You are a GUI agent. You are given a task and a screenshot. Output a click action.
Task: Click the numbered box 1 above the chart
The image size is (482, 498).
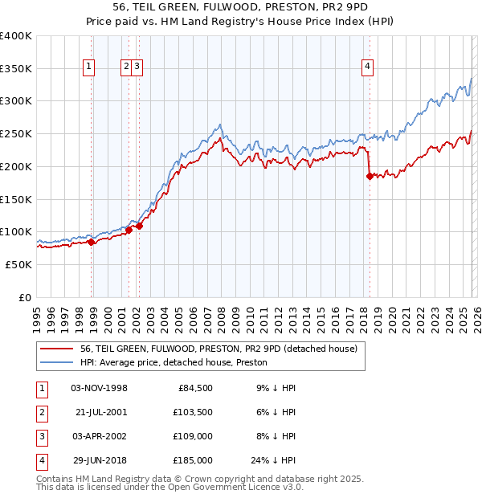coord(88,67)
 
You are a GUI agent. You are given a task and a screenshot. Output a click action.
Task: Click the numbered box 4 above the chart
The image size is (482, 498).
coord(367,67)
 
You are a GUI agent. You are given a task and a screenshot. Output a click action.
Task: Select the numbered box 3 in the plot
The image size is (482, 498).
coord(138,67)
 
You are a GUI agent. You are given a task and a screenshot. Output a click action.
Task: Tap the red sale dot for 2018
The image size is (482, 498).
coord(370,177)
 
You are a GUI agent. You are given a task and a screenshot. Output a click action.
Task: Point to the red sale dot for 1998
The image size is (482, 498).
coord(91,242)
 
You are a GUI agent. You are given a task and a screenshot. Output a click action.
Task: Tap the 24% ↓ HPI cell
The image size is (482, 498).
coord(273,460)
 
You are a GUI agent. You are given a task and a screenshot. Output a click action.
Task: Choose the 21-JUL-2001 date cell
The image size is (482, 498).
coord(99,412)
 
